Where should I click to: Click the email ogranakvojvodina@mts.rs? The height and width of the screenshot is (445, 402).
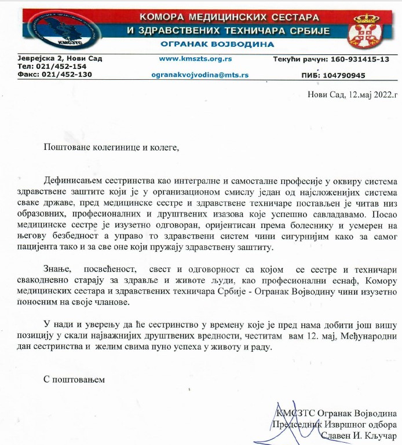[200, 75]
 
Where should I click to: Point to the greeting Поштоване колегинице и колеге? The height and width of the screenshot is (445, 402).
[112, 147]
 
